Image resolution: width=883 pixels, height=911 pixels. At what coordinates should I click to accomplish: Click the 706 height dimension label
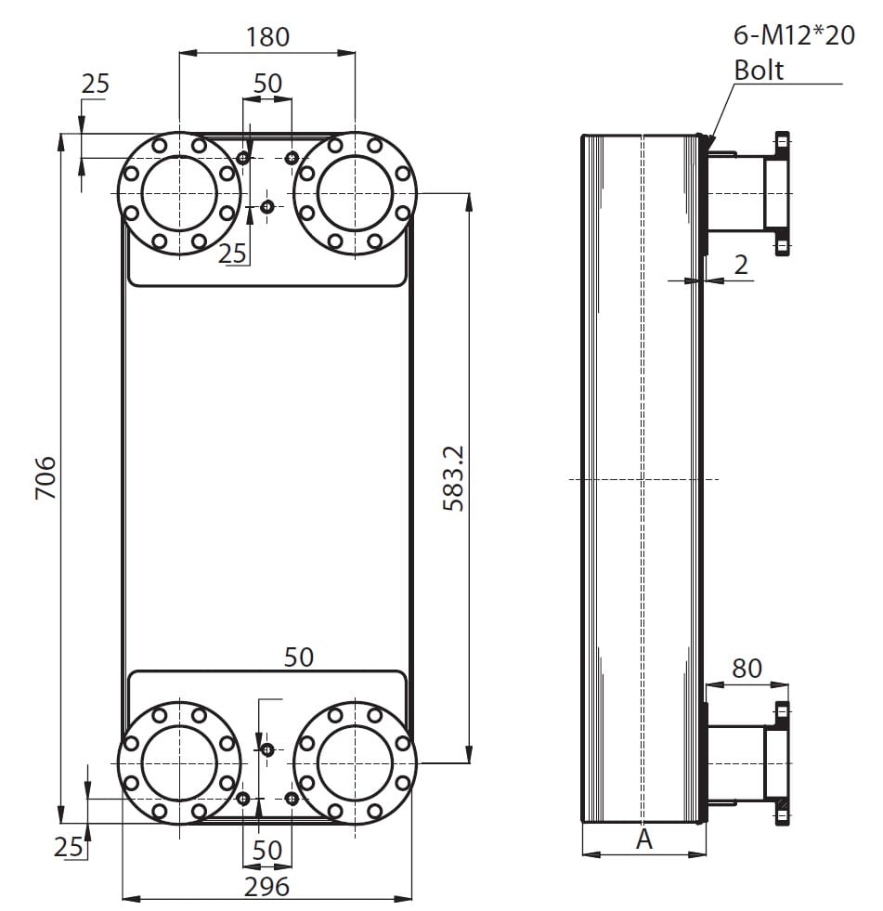(45, 477)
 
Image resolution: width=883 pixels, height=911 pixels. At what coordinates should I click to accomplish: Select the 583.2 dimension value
(454, 478)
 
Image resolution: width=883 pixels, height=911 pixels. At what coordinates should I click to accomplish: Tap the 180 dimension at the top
(267, 37)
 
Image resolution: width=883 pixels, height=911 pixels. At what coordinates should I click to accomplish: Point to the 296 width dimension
(266, 887)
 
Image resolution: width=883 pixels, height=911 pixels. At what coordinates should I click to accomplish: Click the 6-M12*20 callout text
(794, 35)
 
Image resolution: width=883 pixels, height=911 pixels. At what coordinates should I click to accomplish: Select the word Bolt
(759, 71)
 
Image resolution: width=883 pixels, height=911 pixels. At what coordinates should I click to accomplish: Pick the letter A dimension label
(644, 839)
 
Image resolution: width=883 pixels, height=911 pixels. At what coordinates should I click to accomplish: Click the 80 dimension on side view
(747, 668)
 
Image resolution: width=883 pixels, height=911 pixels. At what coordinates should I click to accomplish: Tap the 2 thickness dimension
(741, 265)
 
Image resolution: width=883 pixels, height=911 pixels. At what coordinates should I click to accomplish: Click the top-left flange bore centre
(179, 193)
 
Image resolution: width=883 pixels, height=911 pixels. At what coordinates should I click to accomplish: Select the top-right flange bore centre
(355, 193)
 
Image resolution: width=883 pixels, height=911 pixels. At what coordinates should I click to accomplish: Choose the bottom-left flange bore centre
(179, 762)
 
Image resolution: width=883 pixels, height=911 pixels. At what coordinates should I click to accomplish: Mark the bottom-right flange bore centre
(355, 762)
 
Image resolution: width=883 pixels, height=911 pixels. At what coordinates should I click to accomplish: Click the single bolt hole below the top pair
(267, 206)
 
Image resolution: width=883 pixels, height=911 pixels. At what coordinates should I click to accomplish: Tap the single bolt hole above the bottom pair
(267, 749)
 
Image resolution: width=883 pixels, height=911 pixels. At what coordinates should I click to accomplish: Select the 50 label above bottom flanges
(299, 657)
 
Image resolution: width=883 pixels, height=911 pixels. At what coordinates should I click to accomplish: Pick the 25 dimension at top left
(96, 85)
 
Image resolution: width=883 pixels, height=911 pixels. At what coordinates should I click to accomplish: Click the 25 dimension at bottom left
(68, 847)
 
